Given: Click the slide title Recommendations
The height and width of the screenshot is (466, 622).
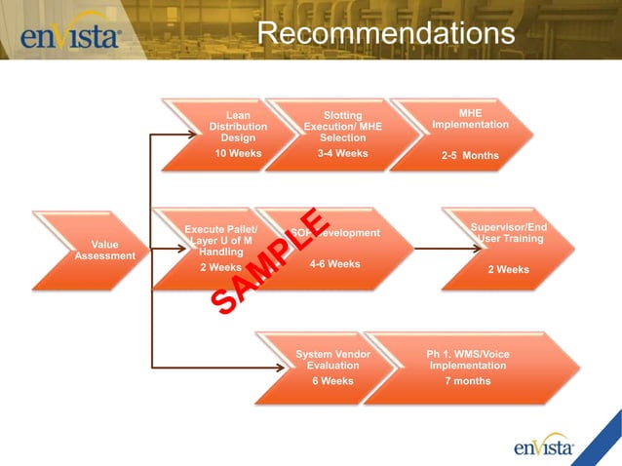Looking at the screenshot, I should (x=386, y=33).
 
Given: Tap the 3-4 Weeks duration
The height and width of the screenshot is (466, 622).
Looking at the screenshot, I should (x=342, y=154).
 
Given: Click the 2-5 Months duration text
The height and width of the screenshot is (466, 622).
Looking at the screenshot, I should (x=470, y=156).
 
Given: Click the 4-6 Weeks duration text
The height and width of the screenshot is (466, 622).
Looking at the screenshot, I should (x=334, y=264).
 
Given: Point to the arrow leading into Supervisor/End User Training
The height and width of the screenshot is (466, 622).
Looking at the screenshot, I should (x=429, y=249).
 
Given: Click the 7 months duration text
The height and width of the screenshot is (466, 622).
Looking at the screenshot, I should (x=467, y=381).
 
